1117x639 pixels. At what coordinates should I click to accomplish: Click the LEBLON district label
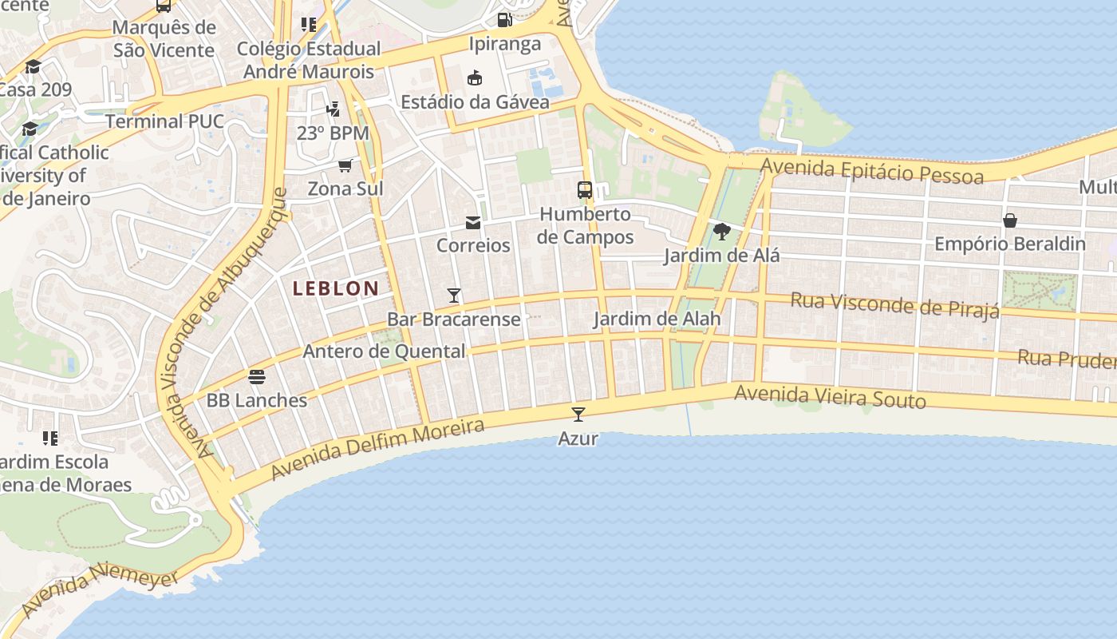click(335, 288)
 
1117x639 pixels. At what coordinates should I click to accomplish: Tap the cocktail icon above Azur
click(578, 414)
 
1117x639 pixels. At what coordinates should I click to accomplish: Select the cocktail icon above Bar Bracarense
click(454, 296)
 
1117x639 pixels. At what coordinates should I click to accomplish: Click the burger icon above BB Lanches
click(257, 376)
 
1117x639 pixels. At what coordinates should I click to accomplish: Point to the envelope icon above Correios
click(473, 222)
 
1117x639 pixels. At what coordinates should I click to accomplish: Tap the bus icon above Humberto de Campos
click(585, 190)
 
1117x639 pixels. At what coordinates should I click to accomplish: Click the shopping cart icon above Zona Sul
click(345, 165)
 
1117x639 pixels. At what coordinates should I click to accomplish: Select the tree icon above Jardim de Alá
click(722, 232)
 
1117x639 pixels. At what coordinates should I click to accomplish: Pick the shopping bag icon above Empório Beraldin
click(1010, 220)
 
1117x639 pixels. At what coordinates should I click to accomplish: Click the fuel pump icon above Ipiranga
click(505, 20)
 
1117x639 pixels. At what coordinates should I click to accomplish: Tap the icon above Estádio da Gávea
click(475, 78)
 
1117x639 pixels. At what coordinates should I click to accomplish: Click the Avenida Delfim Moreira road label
click(377, 449)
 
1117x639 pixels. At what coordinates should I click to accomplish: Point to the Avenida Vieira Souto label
click(830, 396)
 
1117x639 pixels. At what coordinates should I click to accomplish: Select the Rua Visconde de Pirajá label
click(894, 304)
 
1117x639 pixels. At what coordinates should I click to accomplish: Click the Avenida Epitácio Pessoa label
click(872, 170)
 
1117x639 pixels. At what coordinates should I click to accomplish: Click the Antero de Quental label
click(384, 351)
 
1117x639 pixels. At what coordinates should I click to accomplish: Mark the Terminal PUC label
click(165, 121)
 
